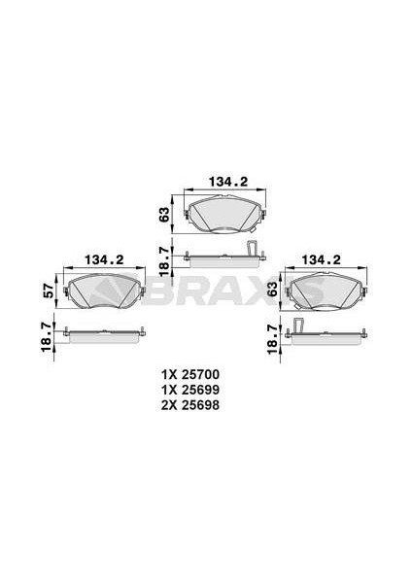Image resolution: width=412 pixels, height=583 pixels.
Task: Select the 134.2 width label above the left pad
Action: click(x=104, y=259)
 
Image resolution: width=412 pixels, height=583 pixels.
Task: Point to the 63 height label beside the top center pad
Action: click(x=165, y=213)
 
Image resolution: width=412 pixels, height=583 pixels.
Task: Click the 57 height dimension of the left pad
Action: click(x=44, y=290)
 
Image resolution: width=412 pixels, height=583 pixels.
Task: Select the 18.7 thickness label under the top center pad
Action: click(x=165, y=257)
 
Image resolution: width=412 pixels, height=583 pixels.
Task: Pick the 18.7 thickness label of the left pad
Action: click(x=44, y=335)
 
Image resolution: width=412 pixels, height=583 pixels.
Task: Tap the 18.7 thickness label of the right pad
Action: click(x=272, y=335)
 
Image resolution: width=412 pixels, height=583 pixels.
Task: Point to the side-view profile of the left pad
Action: click(x=104, y=335)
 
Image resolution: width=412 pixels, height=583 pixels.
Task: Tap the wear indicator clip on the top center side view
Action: click(x=253, y=249)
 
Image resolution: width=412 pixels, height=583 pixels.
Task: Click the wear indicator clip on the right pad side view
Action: click(x=299, y=326)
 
